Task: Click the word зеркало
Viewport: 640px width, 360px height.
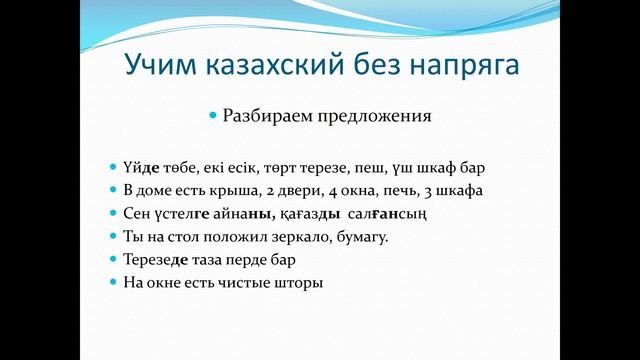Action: click(x=293, y=237)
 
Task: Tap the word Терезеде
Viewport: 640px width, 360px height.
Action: click(x=165, y=260)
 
